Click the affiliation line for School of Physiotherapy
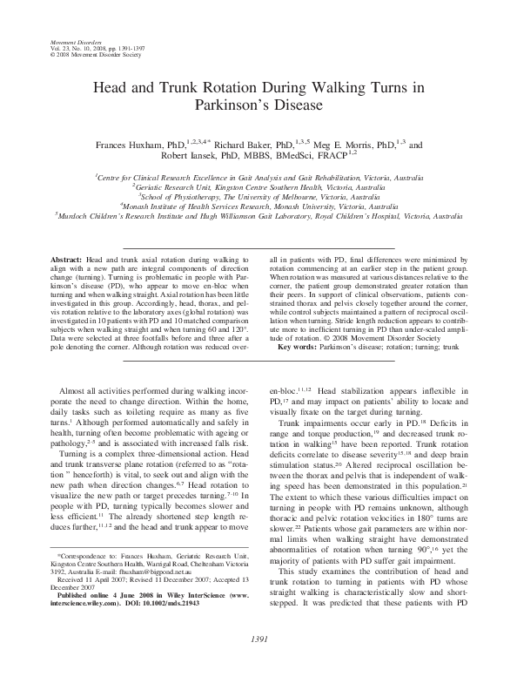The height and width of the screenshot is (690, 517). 258,198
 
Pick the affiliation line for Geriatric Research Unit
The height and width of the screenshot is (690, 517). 258,186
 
